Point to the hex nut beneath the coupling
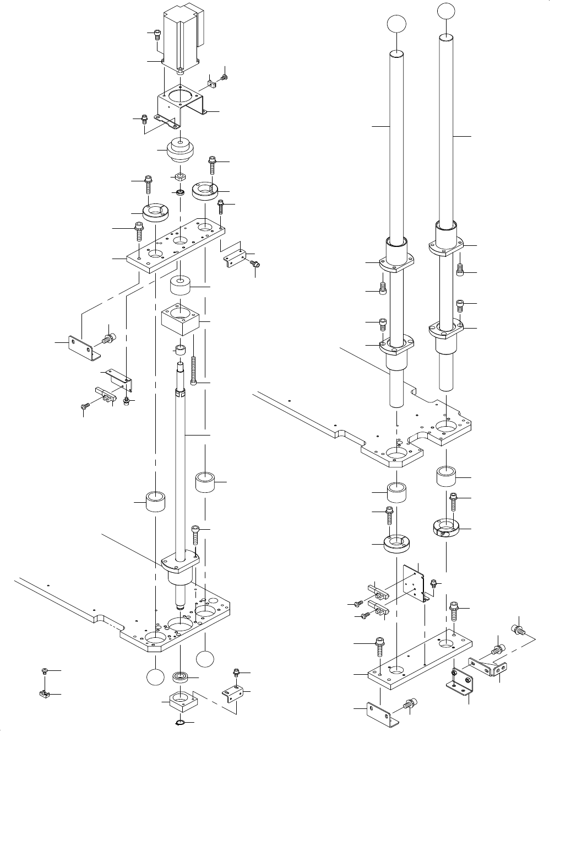click(179, 176)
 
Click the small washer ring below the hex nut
click(179, 193)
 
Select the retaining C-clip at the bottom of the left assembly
click(181, 723)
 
